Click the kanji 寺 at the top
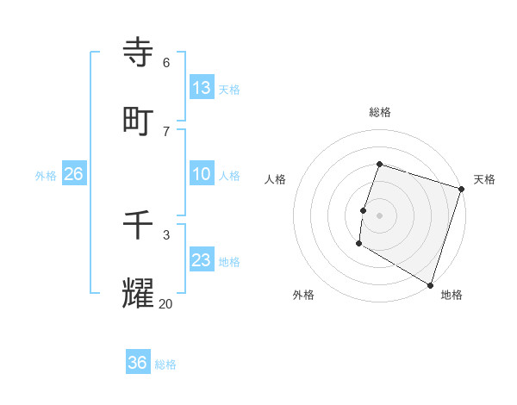139,52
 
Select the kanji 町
139,121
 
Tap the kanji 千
139,226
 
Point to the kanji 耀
139,294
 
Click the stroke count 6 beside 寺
166,62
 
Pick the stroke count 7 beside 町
166,131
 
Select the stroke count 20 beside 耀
166,303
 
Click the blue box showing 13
202,88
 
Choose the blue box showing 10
202,174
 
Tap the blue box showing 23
202,260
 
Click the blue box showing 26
73,174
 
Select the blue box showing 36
138,363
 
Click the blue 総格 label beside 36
165,364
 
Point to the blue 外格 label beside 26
46,176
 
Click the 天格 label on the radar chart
484,179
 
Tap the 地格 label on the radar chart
452,295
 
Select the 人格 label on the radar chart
275,179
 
